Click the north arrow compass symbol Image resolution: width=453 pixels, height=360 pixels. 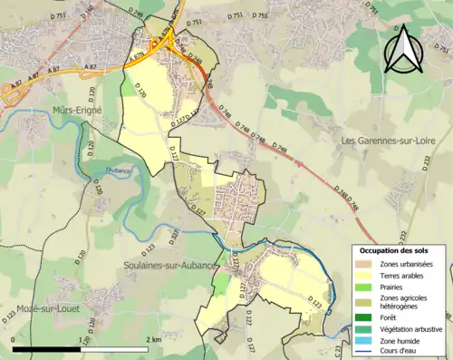point(401,50)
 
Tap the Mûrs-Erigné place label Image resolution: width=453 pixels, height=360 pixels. point(77,110)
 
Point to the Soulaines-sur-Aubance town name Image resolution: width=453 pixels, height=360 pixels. point(169,265)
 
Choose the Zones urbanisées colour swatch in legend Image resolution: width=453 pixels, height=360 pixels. point(366,264)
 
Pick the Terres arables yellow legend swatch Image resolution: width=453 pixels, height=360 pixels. point(366,277)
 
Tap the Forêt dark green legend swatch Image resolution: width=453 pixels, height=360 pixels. point(366,316)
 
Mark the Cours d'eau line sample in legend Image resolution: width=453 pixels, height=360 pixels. point(366,352)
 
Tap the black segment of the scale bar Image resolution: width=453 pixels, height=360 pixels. point(47,347)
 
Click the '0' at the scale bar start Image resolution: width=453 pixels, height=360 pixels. point(14,338)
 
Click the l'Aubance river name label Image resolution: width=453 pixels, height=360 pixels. point(119,170)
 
